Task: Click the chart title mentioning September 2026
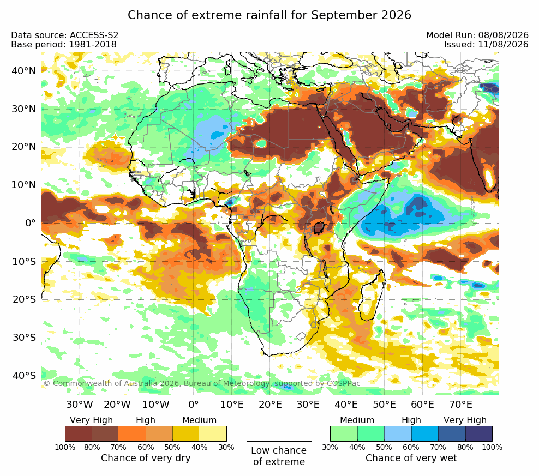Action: pos(269,15)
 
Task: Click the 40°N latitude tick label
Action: pos(23,71)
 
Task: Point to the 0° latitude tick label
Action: pos(30,223)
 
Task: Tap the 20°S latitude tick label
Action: pos(24,299)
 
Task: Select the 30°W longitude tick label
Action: pos(80,404)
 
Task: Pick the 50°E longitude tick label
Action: pos(384,404)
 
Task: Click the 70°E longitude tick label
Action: pos(460,404)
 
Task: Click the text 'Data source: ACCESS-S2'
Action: pos(64,35)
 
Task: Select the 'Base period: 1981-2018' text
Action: pos(64,44)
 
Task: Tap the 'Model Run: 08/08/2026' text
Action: pos(477,35)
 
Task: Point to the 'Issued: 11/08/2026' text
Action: pos(486,44)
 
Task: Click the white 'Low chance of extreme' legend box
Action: pos(279,433)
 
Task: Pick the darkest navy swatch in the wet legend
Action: pos(479,433)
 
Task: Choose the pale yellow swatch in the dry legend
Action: pos(213,433)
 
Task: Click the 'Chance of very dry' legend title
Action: pos(146,458)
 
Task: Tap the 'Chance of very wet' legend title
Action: pos(411,458)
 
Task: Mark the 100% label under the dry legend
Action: pos(65,447)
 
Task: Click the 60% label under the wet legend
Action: pos(411,447)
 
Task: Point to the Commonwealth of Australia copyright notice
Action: pos(202,383)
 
